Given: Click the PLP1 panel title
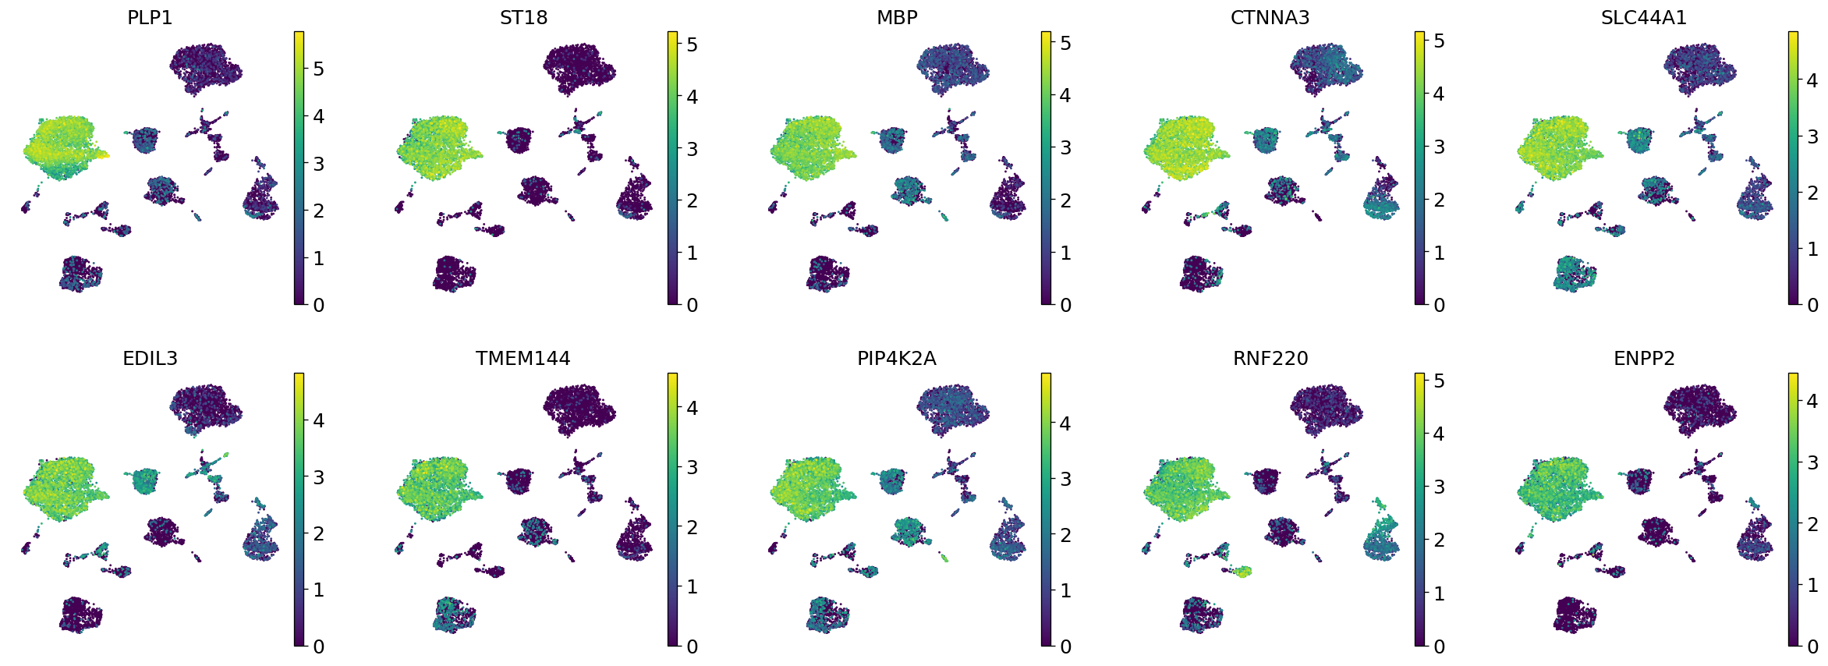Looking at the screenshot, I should (x=150, y=17).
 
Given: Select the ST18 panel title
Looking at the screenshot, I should (x=523, y=17).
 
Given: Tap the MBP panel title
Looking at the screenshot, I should (x=897, y=17).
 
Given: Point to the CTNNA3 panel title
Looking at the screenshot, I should (x=1270, y=17).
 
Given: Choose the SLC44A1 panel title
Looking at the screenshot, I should (x=1644, y=17).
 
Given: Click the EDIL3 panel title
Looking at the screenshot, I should (x=150, y=358).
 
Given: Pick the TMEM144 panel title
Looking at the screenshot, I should (x=523, y=358).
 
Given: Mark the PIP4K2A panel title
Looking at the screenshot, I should (x=897, y=358).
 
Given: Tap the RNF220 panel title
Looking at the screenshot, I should (x=1270, y=358).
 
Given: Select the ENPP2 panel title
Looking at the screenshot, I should (x=1644, y=358).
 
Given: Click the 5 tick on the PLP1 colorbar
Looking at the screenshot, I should (x=317, y=69).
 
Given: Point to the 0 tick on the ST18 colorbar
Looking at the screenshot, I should (x=692, y=305).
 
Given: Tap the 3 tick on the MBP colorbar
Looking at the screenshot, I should (x=1065, y=147).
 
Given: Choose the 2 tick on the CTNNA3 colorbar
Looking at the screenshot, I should (x=1439, y=200).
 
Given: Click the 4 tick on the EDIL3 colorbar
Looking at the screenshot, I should (x=317, y=420).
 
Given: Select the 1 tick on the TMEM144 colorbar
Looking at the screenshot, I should (x=692, y=586).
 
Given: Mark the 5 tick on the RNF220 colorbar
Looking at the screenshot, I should (x=1439, y=381).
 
